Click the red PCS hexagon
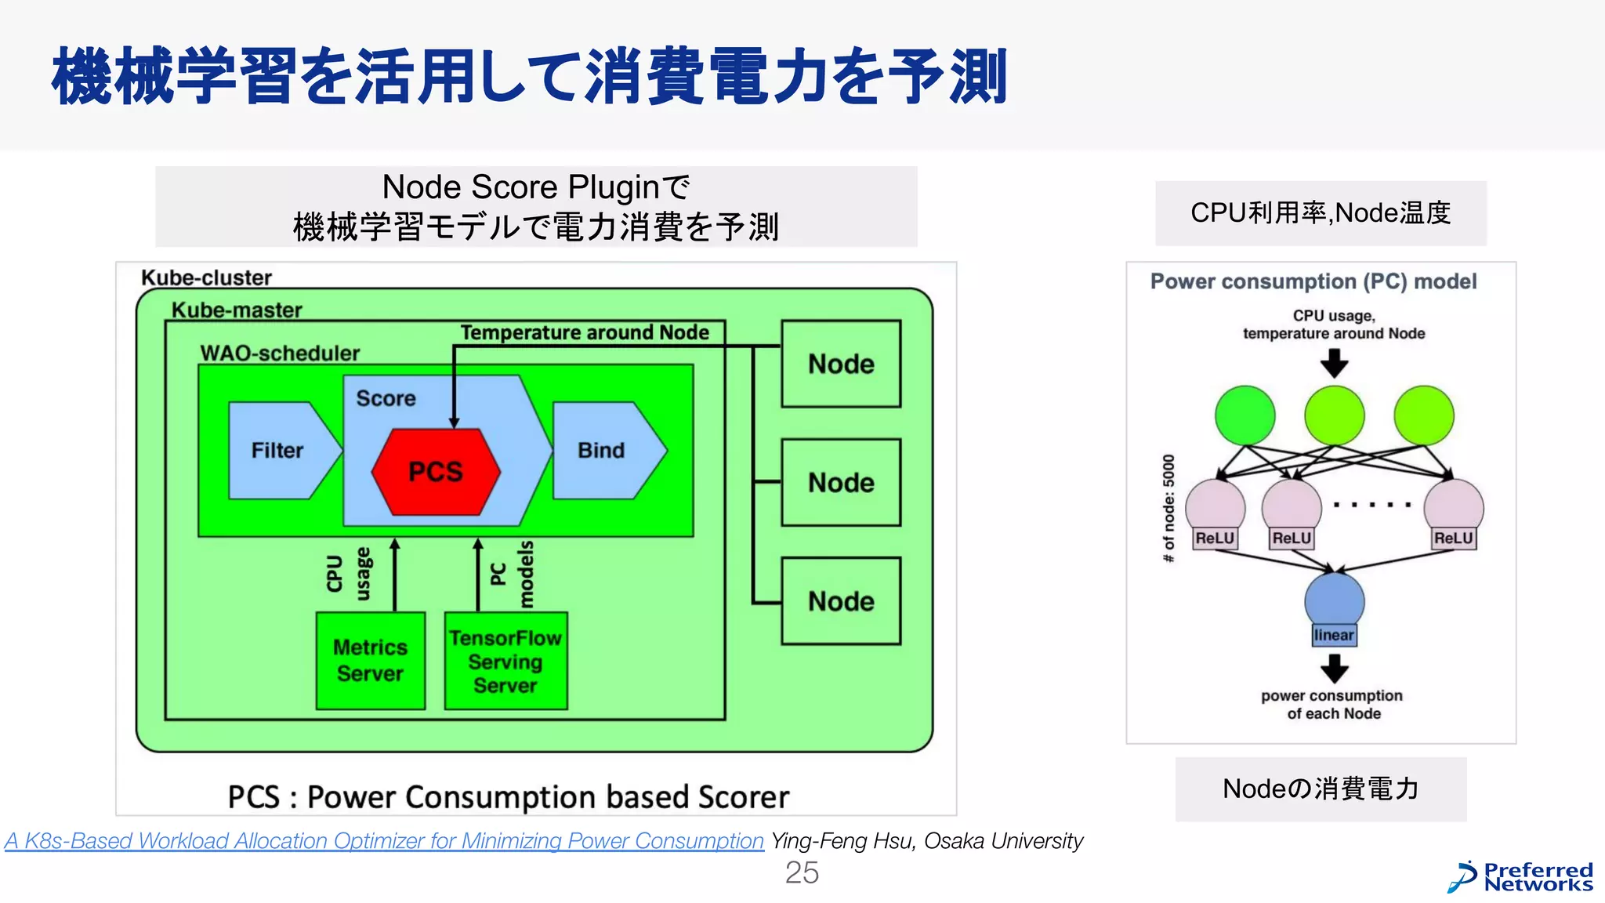click(x=436, y=472)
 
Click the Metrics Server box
click(x=371, y=661)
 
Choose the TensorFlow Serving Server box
click(x=505, y=662)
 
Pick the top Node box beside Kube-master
click(x=841, y=364)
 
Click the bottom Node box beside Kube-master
click(x=841, y=601)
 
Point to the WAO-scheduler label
click(x=280, y=353)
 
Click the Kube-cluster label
click(x=206, y=277)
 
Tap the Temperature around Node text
click(x=585, y=332)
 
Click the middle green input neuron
click(x=1334, y=415)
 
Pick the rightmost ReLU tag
click(x=1453, y=539)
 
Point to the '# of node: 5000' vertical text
click(x=1168, y=508)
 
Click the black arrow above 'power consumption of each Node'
click(x=1334, y=668)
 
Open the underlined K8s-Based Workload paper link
click(x=384, y=841)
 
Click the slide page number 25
click(x=802, y=872)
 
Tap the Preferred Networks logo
click(x=1520, y=877)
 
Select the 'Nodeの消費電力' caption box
click(x=1321, y=789)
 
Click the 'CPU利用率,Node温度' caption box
click(x=1321, y=213)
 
